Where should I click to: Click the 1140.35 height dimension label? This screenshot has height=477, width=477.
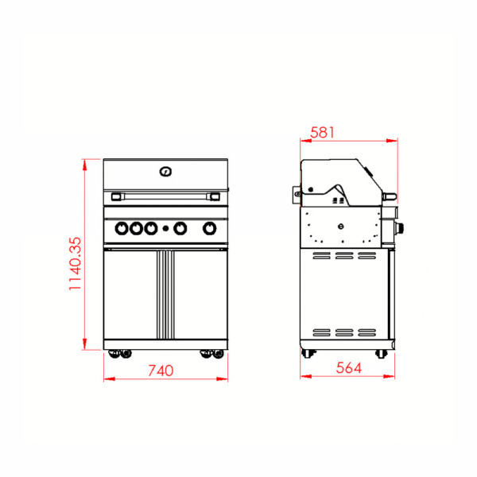[76, 263]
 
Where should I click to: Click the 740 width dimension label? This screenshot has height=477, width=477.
[161, 370]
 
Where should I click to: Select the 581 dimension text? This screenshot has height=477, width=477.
[322, 133]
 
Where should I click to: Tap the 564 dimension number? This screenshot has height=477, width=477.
[349, 368]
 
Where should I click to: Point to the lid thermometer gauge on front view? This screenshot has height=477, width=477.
[165, 172]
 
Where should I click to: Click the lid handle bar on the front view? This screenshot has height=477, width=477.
[165, 196]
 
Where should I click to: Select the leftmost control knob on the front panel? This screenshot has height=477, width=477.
[122, 228]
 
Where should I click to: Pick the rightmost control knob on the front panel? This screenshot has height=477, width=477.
[210, 228]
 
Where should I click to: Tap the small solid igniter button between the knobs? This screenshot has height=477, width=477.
[165, 228]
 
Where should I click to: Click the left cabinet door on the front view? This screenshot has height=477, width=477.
[130, 294]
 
